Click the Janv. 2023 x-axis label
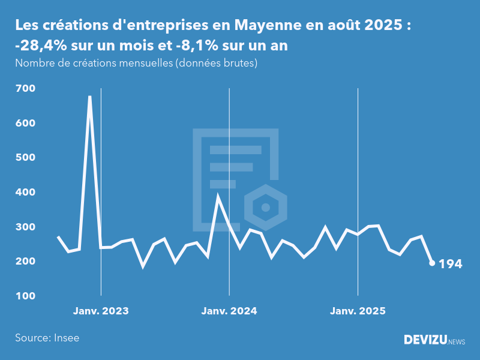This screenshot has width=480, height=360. click(101, 311)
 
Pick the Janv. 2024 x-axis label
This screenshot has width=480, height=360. click(229, 311)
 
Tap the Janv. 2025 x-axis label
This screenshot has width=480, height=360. click(358, 311)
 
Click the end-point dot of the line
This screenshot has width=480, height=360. click(432, 263)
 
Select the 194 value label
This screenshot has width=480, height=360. click(451, 263)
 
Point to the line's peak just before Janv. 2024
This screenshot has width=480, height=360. click(218, 196)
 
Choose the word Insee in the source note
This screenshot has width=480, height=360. click(66, 338)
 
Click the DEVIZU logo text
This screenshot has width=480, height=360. click(425, 340)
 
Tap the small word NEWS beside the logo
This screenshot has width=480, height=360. click(457, 342)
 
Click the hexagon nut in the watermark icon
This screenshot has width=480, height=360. click(265, 208)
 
